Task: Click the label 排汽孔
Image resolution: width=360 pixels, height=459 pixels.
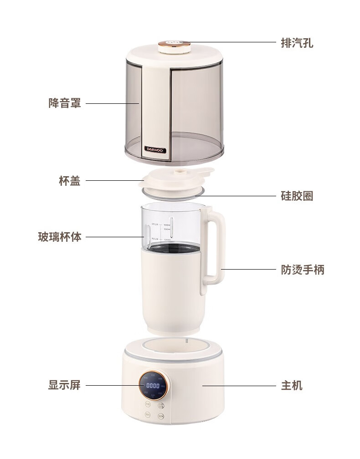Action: pyautogui.click(x=297, y=43)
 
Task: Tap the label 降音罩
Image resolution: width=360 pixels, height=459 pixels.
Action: pyautogui.click(x=64, y=103)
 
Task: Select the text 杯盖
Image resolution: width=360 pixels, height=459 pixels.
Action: pyautogui.click(x=70, y=181)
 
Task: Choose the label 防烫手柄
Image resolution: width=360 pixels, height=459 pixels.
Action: pyautogui.click(x=302, y=270)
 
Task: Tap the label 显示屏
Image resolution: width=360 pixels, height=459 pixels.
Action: pyautogui.click(x=64, y=385)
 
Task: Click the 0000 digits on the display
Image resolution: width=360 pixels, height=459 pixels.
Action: pyautogui.click(x=153, y=386)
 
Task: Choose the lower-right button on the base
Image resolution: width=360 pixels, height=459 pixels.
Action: pyautogui.click(x=160, y=415)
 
